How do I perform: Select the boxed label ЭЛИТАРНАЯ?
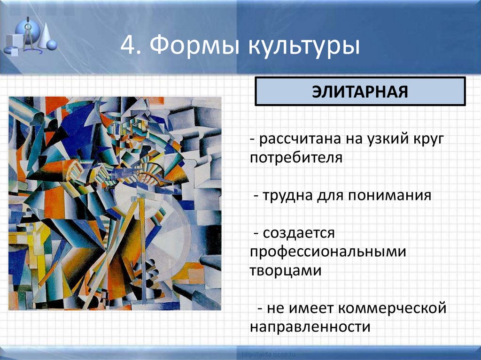(x=360, y=92)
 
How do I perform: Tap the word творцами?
(x=285, y=270)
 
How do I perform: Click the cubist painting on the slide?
(x=115, y=203)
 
